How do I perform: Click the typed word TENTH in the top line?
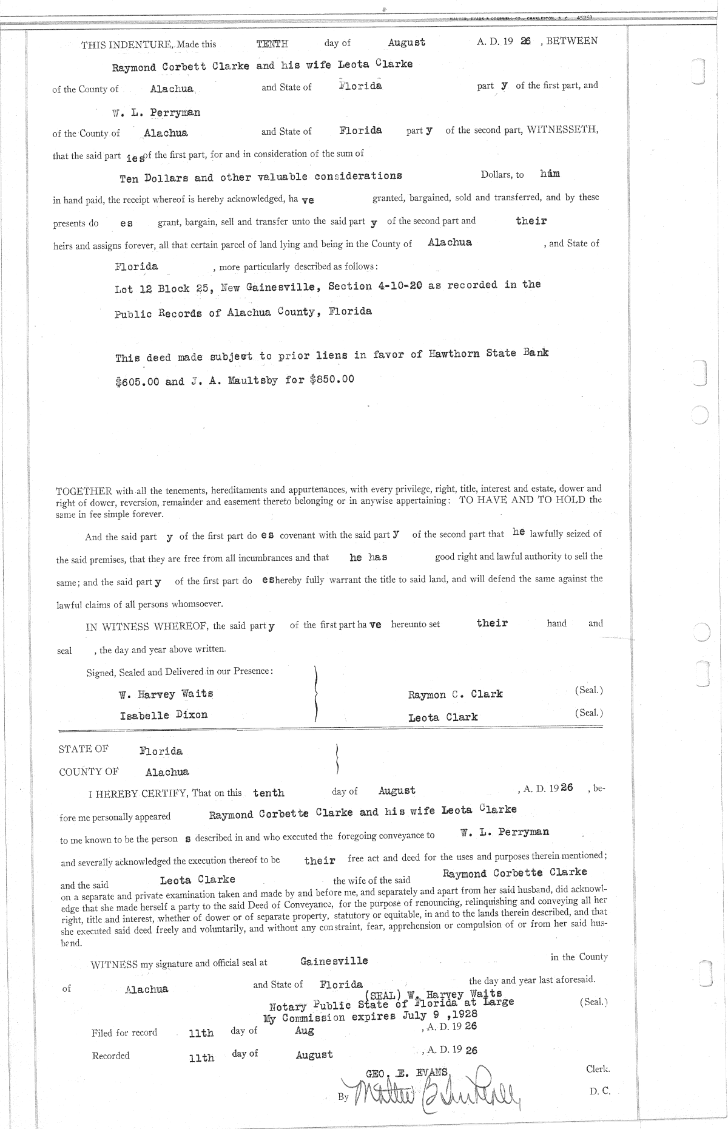pyautogui.click(x=272, y=44)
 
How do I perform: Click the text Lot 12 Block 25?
pyautogui.click(x=162, y=289)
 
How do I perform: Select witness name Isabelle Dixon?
pyautogui.click(x=164, y=715)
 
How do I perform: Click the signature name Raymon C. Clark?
pyautogui.click(x=456, y=694)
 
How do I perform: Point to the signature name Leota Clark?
pyautogui.click(x=443, y=717)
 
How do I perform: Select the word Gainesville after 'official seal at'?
pyautogui.click(x=334, y=961)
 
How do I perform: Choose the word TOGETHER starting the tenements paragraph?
pyautogui.click(x=80, y=490)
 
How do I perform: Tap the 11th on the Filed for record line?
pyautogui.click(x=201, y=1033)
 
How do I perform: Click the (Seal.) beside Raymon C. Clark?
pyautogui.click(x=588, y=690)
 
